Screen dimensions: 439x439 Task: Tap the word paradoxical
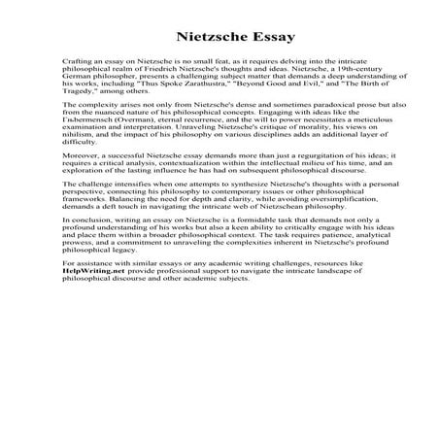[297, 127]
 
